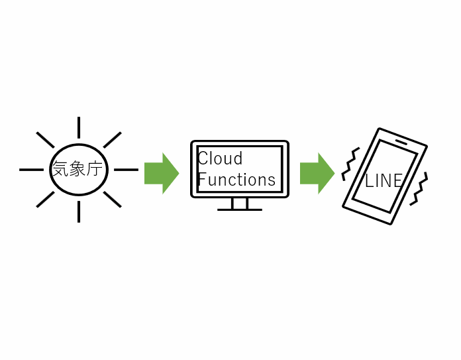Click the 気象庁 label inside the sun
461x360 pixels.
pos(78,169)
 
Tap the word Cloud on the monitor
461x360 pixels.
pos(220,159)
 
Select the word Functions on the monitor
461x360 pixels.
pos(236,180)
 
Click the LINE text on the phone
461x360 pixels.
pos(384,180)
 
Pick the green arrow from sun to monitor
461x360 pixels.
pos(161,174)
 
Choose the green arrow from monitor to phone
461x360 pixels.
pos(317,174)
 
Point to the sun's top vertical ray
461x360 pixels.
pos(79,127)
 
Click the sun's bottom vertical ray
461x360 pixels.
pos(79,211)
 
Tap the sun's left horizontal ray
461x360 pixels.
pos(31,170)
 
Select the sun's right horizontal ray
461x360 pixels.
pos(126,170)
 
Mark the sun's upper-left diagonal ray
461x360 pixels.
pos(45,140)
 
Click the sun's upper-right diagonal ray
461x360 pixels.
pos(112,140)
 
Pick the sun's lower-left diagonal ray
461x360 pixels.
pos(45,199)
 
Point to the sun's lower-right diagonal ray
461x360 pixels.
pos(112,199)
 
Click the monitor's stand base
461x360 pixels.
pos(239,210)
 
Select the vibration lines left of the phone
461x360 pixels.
pos(349,164)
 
